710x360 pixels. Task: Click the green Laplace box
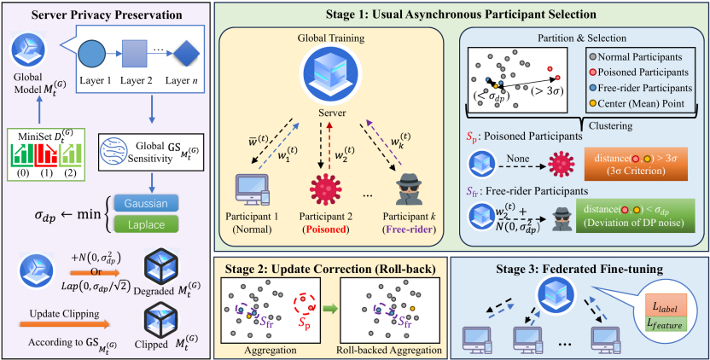pyautogui.click(x=176, y=224)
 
